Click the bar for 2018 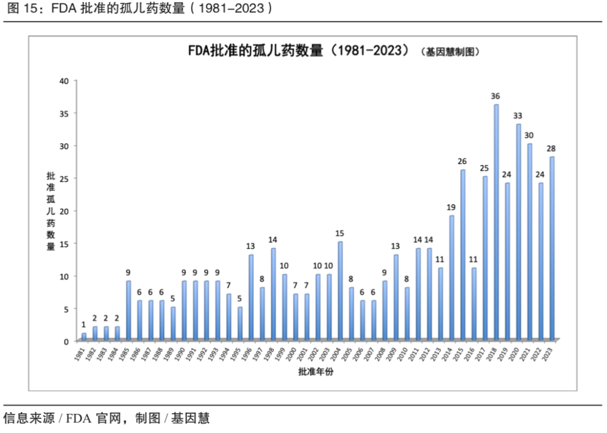[x=496, y=222]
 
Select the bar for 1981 [x=84, y=336]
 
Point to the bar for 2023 [x=552, y=248]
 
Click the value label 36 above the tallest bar [x=495, y=96]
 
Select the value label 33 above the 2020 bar [x=518, y=116]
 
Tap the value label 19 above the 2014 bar [x=451, y=207]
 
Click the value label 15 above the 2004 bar [x=339, y=233]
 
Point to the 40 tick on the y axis [x=64, y=81]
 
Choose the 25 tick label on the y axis [x=64, y=179]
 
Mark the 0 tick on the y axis [x=66, y=341]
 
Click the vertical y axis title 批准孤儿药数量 [x=51, y=211]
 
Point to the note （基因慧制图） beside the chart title [x=450, y=52]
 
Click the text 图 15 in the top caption [x=16, y=9]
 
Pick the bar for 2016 [x=474, y=304]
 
